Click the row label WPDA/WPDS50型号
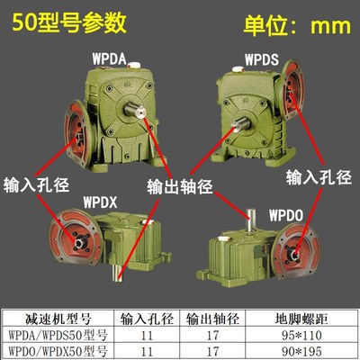(x=61, y=333)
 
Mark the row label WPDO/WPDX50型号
(x=61, y=347)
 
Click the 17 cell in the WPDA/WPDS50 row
(x=212, y=333)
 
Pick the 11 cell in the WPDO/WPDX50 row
(x=150, y=347)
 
